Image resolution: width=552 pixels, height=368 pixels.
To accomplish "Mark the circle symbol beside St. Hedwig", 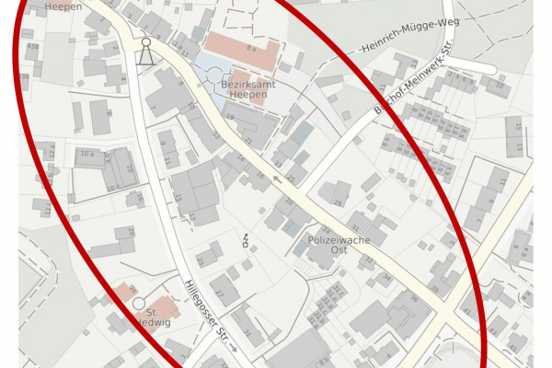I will (x=139, y=303).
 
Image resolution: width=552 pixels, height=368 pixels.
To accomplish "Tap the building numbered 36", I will (x=413, y=299).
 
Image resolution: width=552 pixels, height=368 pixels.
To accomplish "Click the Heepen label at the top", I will (x=63, y=6).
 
